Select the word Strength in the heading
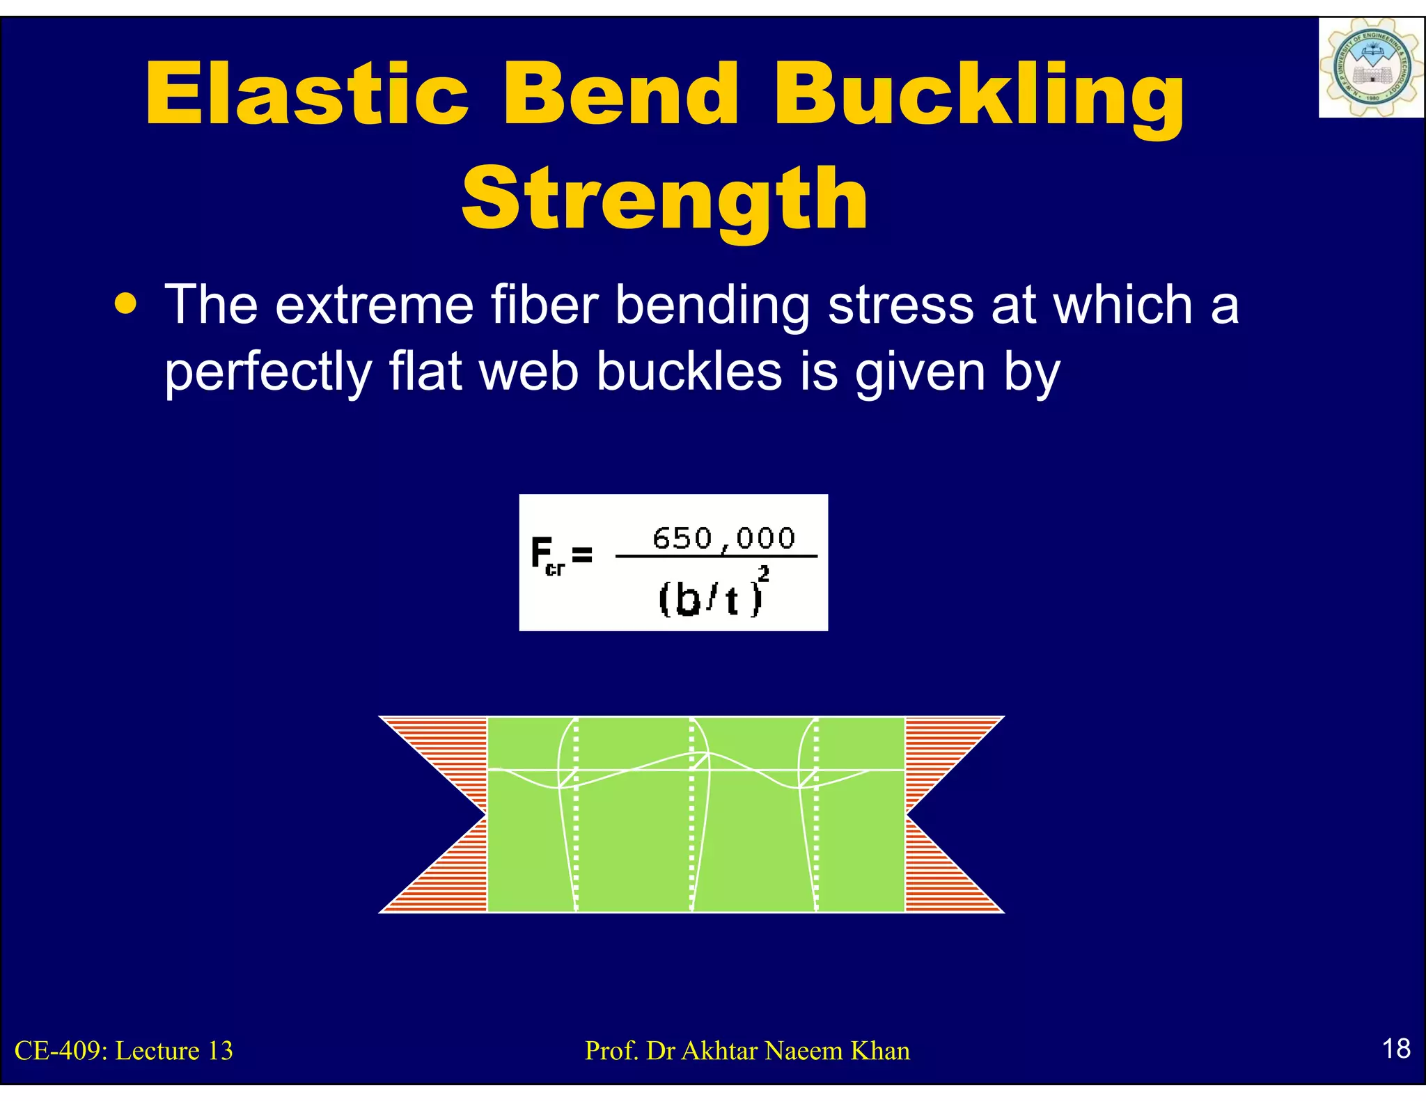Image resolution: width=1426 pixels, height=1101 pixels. pyautogui.click(x=665, y=200)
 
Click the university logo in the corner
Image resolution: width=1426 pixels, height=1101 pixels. pyautogui.click(x=1370, y=68)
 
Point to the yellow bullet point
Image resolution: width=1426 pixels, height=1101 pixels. pyautogui.click(x=126, y=304)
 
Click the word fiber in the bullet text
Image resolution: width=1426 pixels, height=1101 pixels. pyautogui.click(x=544, y=305)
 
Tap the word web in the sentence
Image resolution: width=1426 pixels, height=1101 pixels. pyautogui.click(x=529, y=371)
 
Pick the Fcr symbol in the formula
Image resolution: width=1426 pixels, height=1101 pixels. pyautogui.click(x=547, y=556)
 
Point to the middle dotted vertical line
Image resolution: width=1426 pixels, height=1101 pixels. pyautogui.click(x=691, y=814)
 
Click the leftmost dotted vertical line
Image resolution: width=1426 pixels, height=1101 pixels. pyautogui.click(x=576, y=814)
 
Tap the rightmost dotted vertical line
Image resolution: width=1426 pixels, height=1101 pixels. pyautogui.click(x=816, y=814)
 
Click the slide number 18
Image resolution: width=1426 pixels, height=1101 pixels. pyautogui.click(x=1395, y=1049)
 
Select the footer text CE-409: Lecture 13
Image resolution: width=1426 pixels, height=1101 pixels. pyautogui.click(x=124, y=1051)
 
